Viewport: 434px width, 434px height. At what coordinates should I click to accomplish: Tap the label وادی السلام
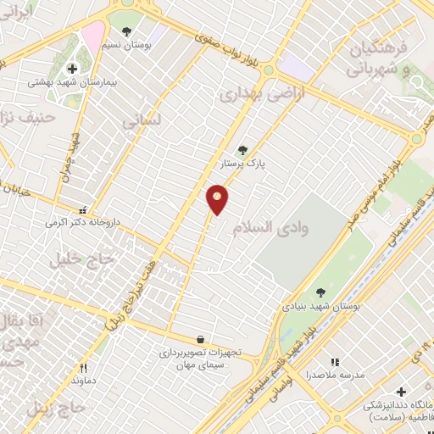pyautogui.click(x=281, y=226)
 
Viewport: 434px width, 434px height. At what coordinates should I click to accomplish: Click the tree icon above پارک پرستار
pyautogui.click(x=243, y=150)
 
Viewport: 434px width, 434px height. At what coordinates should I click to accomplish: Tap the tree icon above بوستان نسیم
pyautogui.click(x=127, y=32)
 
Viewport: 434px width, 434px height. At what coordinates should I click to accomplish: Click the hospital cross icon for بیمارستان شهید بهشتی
pyautogui.click(x=71, y=69)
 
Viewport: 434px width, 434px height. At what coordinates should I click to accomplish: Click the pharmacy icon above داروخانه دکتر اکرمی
pyautogui.click(x=82, y=209)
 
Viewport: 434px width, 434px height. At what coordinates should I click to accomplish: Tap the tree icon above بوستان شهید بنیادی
pyautogui.click(x=320, y=292)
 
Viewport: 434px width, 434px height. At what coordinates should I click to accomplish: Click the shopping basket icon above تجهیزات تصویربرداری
pyautogui.click(x=199, y=339)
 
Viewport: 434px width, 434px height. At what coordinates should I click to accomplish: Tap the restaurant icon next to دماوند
pyautogui.click(x=83, y=368)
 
